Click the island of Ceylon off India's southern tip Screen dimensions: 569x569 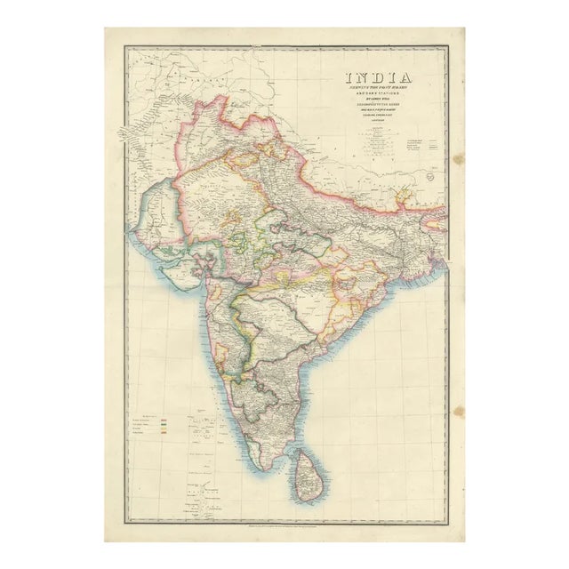(x=307, y=471)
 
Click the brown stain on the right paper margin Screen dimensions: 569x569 (x=459, y=160)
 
